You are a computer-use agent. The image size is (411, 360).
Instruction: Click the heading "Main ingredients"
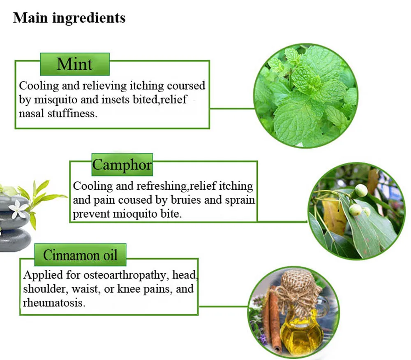69,18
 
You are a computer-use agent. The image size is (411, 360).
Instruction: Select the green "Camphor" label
122,165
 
